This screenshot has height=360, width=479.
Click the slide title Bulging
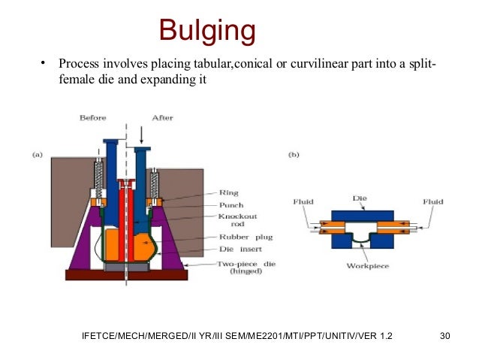coord(207,32)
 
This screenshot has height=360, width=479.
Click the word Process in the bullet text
coord(80,63)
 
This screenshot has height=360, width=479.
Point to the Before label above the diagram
coord(93,118)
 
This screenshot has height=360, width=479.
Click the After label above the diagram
coord(162,118)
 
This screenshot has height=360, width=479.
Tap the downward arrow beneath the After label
coord(143,135)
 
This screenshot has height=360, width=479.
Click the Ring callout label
coord(227,192)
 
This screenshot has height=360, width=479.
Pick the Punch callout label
coord(229,204)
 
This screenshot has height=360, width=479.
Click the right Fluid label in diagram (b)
coord(433,201)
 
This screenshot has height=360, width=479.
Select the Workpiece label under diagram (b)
coord(365,266)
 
